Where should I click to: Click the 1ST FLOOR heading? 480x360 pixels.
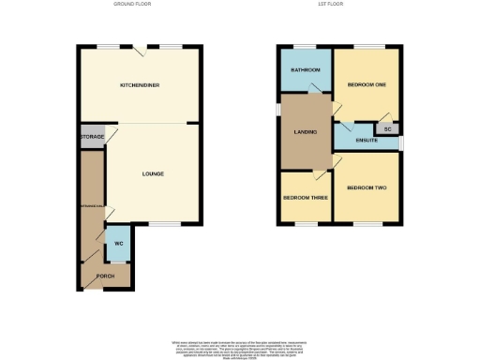340,4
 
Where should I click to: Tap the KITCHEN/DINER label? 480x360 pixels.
139,85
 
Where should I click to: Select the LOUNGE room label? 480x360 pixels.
153,173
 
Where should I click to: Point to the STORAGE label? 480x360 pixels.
92,137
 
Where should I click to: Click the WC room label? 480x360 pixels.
118,244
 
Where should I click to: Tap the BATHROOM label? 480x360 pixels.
306,70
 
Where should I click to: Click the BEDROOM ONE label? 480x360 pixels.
367,85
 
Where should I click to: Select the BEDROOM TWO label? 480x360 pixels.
366,188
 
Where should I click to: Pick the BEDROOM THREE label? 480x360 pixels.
306,198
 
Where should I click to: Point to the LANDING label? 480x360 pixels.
306,132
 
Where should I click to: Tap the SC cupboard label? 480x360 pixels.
387,128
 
